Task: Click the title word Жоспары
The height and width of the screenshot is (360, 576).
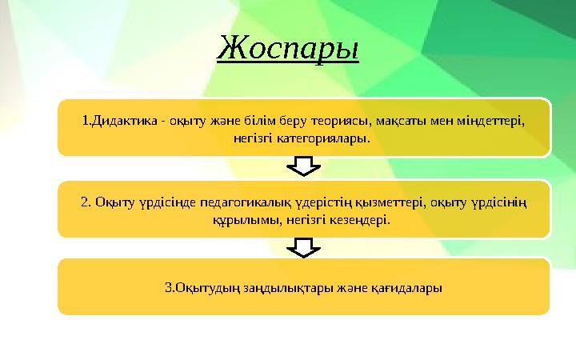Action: pos(288,48)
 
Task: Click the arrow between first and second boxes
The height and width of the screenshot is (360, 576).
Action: pos(302,166)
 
